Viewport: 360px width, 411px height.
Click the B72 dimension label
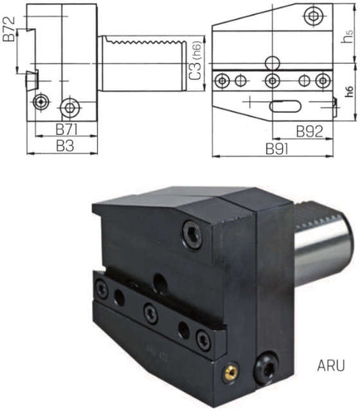9,29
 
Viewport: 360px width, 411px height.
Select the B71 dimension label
66,129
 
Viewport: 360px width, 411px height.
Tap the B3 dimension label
65,146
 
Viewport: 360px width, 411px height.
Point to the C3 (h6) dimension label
196,60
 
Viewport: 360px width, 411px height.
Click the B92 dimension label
309,131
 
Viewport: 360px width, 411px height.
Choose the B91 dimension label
277,149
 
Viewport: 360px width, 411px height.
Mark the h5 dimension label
348,37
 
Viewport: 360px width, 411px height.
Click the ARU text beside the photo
331,365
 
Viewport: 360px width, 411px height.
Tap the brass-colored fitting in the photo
231,371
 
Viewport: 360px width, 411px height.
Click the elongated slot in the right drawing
285,106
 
